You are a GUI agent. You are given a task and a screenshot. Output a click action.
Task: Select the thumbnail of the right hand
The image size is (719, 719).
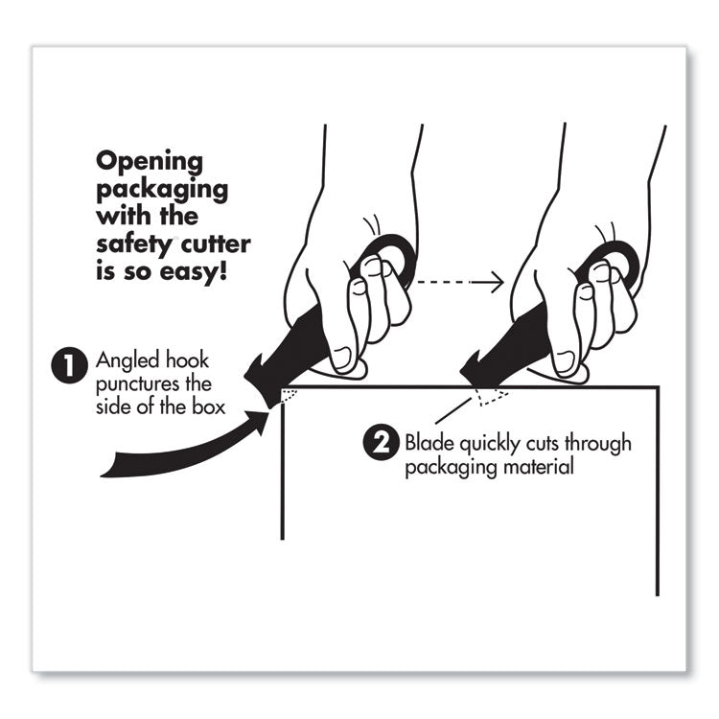(x=567, y=359)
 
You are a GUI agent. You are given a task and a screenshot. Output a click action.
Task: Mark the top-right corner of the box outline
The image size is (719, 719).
(x=659, y=387)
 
